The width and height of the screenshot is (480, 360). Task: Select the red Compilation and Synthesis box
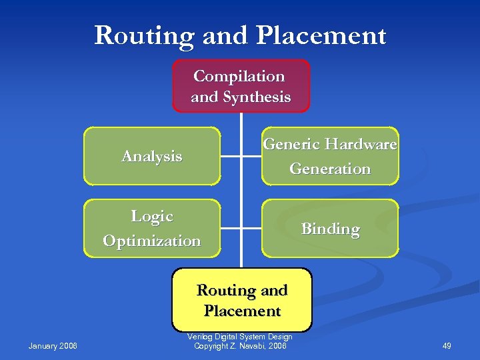click(x=241, y=86)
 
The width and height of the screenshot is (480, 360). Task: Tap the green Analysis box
click(x=152, y=156)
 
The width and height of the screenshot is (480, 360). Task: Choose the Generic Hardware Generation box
click(x=330, y=156)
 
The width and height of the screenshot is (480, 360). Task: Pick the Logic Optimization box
click(x=152, y=228)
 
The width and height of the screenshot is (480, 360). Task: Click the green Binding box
click(x=330, y=229)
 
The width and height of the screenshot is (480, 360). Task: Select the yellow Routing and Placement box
click(x=242, y=299)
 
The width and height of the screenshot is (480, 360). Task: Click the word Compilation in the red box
click(x=239, y=76)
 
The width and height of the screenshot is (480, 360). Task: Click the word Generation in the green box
click(x=330, y=169)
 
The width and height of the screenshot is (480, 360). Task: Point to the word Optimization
click(x=152, y=241)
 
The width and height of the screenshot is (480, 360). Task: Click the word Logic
click(x=152, y=216)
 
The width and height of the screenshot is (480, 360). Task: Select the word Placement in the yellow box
click(x=242, y=311)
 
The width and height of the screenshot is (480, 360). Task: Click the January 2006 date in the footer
click(x=53, y=345)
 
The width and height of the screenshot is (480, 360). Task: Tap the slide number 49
click(x=447, y=345)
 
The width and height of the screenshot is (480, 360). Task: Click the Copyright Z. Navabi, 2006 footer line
click(x=240, y=345)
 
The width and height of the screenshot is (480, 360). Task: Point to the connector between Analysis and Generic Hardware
click(x=241, y=156)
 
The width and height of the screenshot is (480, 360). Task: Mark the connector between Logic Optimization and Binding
click(x=241, y=229)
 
